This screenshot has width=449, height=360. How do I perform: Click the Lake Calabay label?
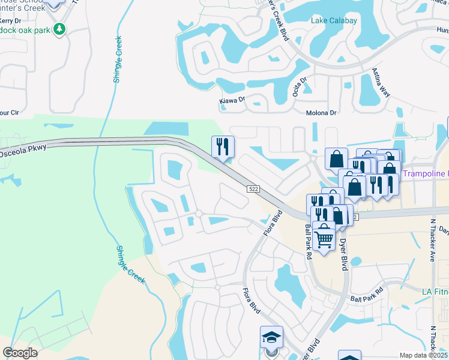(x=334, y=21)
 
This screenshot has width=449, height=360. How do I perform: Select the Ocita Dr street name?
(x=300, y=88)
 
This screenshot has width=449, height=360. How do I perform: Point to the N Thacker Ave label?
(x=432, y=240)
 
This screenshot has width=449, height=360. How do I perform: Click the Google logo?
(x=20, y=353)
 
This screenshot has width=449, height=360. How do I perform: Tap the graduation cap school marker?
(x=271, y=338)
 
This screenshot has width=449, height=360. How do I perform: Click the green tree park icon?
(x=59, y=28)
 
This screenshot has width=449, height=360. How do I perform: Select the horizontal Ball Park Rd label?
(x=367, y=298)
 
